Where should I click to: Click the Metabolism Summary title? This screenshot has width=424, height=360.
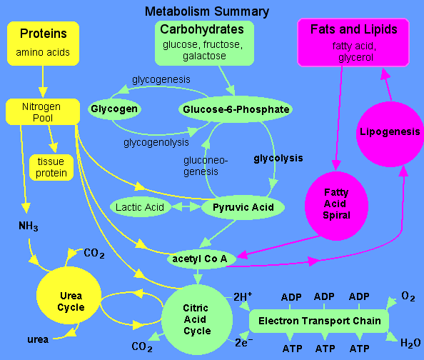[207, 11]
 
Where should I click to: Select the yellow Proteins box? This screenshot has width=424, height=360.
[44, 42]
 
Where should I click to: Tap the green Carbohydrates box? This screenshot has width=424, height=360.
[202, 42]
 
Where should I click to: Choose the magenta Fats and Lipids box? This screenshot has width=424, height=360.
[353, 41]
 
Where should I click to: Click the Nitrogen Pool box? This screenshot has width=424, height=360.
[42, 111]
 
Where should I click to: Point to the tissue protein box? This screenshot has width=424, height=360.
[51, 166]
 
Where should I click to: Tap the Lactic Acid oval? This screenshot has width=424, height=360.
[138, 208]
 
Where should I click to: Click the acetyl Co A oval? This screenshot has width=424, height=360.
[201, 258]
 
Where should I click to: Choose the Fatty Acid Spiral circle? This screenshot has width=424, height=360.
[336, 204]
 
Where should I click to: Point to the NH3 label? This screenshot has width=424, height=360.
[28, 226]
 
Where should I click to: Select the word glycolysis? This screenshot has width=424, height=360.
[278, 159]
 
